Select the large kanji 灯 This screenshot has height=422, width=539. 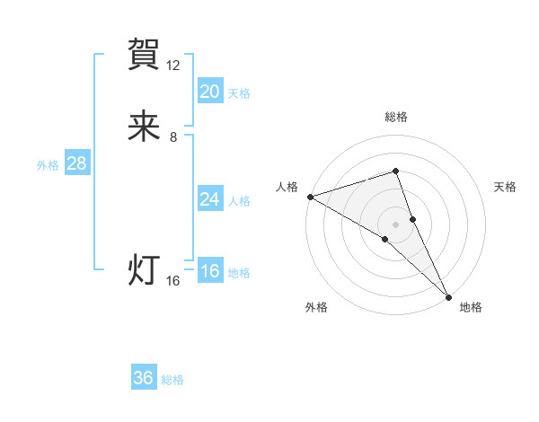point(144,270)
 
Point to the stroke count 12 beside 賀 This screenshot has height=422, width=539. point(173,66)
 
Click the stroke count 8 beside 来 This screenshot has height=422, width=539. point(173,137)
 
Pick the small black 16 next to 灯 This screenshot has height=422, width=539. point(173,281)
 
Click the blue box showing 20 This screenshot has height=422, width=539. point(210,92)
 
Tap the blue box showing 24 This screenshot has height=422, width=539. point(210,199)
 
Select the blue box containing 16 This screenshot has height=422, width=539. point(210,271)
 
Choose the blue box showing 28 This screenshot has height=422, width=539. point(76,163)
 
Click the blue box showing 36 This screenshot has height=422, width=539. point(144,378)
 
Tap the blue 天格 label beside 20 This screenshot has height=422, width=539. point(239,93)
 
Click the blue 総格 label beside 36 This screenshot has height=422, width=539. point(172,380)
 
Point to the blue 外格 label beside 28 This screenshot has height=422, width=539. point(47,165)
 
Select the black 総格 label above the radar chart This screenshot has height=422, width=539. point(396,117)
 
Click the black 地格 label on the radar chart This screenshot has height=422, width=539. point(471,307)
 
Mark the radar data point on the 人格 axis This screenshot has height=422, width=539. point(309,196)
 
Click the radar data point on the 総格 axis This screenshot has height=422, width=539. point(396,171)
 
